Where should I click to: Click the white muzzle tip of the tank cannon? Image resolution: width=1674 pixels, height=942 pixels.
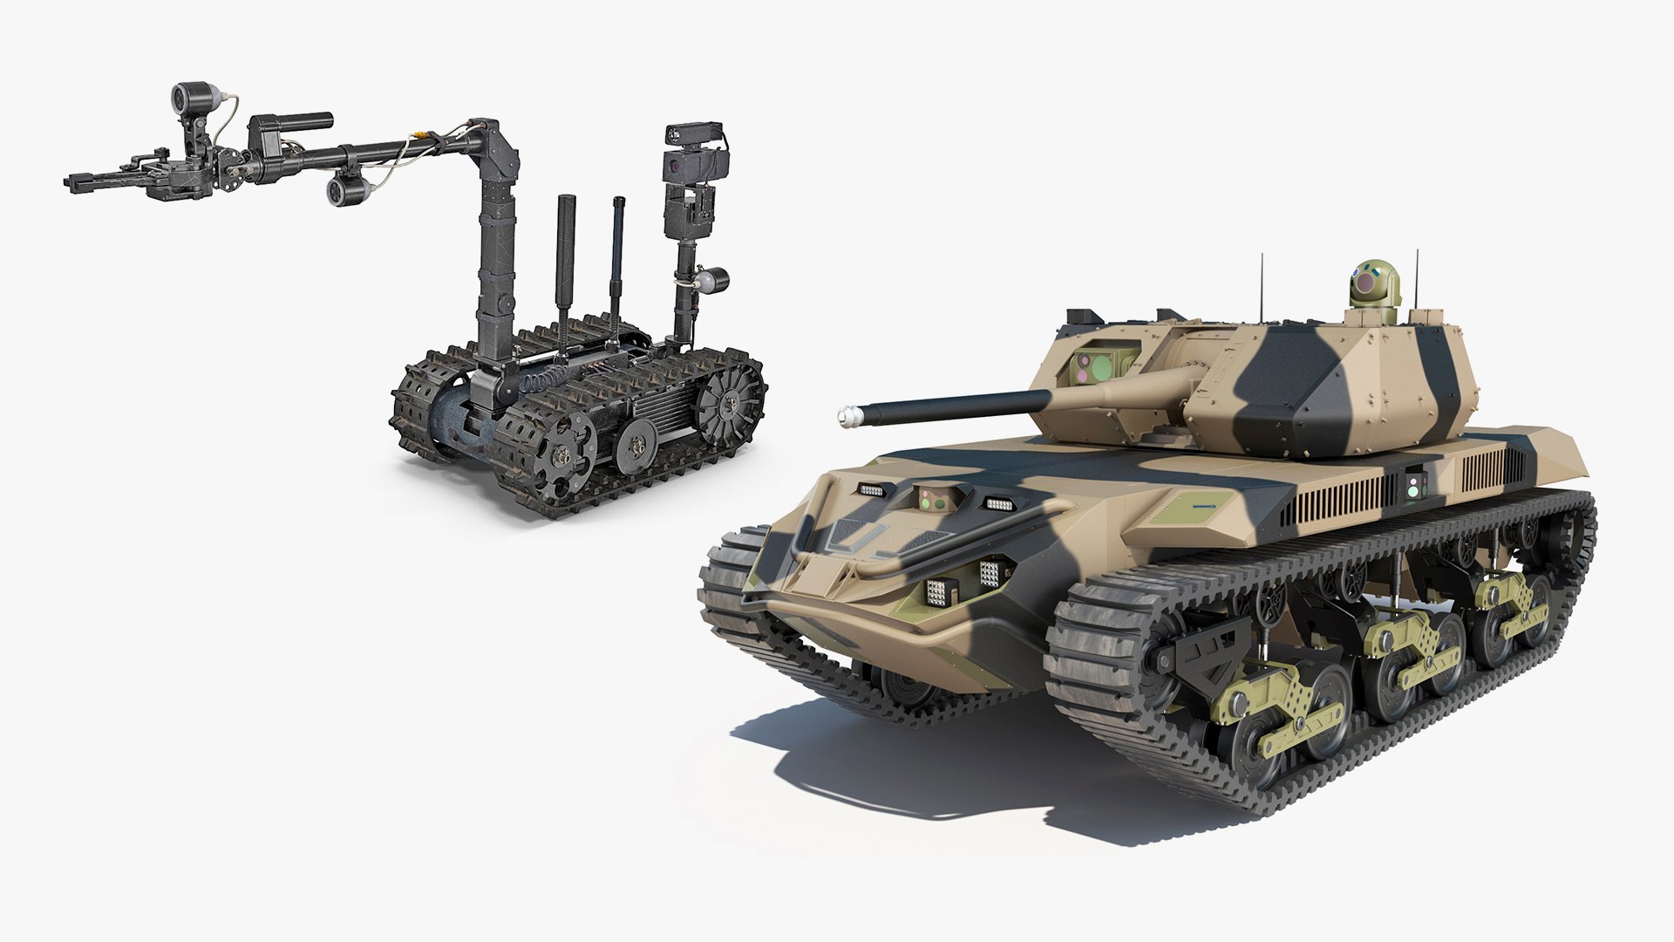coord(844,417)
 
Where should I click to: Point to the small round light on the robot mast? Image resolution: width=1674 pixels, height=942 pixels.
coord(717,280)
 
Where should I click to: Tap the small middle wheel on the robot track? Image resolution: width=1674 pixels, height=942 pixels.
coord(635,445)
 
